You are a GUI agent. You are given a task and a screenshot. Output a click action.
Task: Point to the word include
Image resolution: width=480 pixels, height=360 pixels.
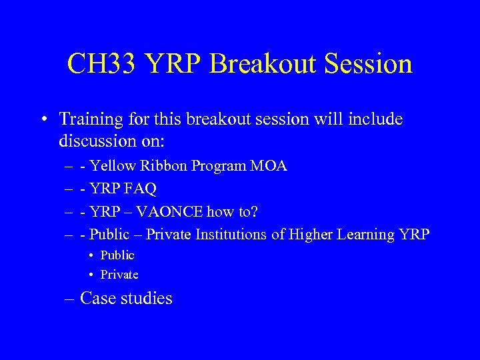click(x=375, y=119)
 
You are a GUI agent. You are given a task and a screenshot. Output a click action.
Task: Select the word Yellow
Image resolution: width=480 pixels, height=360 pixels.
click(x=111, y=166)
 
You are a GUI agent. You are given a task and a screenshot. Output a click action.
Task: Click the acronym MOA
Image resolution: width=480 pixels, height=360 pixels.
click(x=269, y=166)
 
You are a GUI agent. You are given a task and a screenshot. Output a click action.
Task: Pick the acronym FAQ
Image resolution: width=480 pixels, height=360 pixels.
click(x=139, y=189)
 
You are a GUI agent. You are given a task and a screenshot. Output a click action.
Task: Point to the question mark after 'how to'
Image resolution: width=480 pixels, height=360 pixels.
click(x=253, y=211)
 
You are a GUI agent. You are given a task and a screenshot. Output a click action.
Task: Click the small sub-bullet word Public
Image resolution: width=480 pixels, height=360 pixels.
click(x=117, y=255)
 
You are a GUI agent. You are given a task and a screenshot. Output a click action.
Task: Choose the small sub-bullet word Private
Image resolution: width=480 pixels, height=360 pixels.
click(x=119, y=275)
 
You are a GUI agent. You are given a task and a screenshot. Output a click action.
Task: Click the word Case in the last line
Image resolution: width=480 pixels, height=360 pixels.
click(x=97, y=298)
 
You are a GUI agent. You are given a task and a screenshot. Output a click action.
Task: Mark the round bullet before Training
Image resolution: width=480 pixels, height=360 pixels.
click(x=43, y=120)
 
